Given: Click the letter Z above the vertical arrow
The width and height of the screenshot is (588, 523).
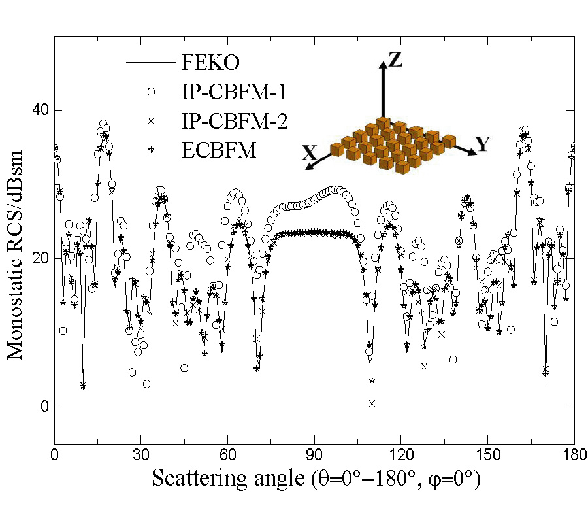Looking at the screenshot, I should [x=395, y=61].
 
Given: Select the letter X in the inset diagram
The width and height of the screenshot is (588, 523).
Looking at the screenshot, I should [x=310, y=154].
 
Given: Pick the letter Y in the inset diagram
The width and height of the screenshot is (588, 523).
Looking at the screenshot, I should [x=482, y=145].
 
